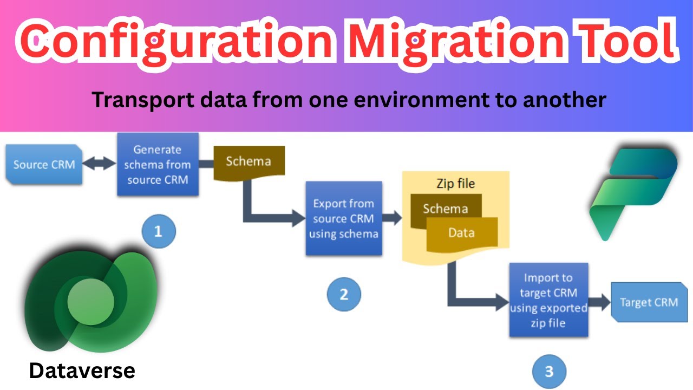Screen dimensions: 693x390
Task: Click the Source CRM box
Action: [x=44, y=165]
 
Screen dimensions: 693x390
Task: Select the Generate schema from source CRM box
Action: [x=158, y=164]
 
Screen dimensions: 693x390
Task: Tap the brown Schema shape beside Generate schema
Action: [x=249, y=161]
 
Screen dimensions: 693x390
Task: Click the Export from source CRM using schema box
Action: [x=344, y=218]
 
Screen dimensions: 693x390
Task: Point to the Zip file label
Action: [x=455, y=184]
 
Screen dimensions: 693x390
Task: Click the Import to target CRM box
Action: [x=548, y=300]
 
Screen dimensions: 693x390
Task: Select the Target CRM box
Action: [x=649, y=302]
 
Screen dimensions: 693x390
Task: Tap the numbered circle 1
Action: [x=159, y=232]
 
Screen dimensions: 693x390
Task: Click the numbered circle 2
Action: [x=344, y=294]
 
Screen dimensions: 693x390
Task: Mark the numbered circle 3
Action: [x=549, y=372]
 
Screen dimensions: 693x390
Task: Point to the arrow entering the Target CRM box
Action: [x=599, y=302]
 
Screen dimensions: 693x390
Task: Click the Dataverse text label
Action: [x=82, y=371]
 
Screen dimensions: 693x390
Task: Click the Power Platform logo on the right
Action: [x=633, y=192]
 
